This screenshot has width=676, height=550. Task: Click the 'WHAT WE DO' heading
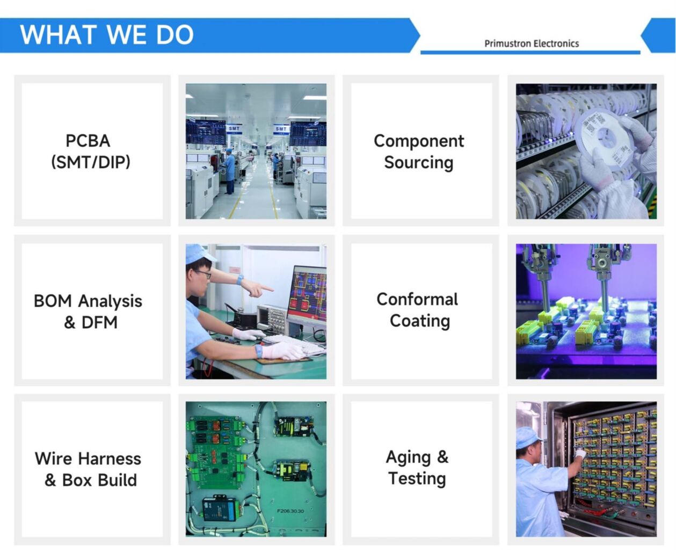tap(107, 34)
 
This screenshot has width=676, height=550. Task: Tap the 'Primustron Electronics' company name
tap(531, 44)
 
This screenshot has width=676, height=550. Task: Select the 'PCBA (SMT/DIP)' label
tap(90, 151)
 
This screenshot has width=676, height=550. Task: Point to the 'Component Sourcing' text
tap(419, 151)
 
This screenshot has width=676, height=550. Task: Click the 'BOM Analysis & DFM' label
tap(88, 312)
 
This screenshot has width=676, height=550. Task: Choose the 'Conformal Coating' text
tap(418, 310)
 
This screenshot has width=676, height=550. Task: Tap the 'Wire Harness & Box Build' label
tap(88, 469)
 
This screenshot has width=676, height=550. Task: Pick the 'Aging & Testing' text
tap(417, 468)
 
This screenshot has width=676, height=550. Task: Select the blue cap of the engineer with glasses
tap(199, 254)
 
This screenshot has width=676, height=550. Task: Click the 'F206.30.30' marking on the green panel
tap(290, 511)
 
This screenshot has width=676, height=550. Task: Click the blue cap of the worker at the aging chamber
tap(528, 438)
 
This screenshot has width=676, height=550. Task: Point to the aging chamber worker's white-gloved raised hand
tap(580, 453)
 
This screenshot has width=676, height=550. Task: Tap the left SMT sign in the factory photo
tap(234, 129)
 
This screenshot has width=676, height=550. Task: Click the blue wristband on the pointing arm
tap(240, 280)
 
